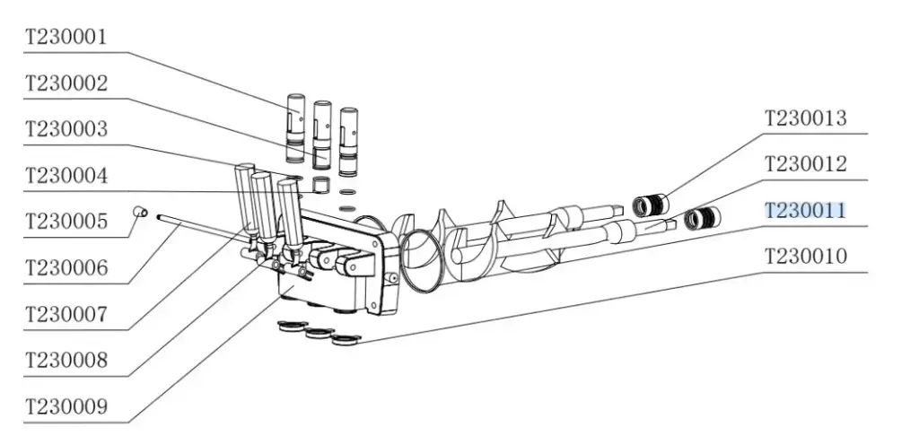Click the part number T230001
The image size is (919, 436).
coord(66,37)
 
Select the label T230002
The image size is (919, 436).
coord(66,83)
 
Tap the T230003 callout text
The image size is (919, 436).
coord(66,128)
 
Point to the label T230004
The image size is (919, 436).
coord(66,175)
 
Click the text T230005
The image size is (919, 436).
coord(66,222)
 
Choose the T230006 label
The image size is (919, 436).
coord(66,268)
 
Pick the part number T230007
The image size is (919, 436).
coord(66,314)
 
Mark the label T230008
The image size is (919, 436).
coord(66,360)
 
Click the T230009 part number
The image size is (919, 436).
coord(66,406)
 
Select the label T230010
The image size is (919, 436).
coord(806,256)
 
